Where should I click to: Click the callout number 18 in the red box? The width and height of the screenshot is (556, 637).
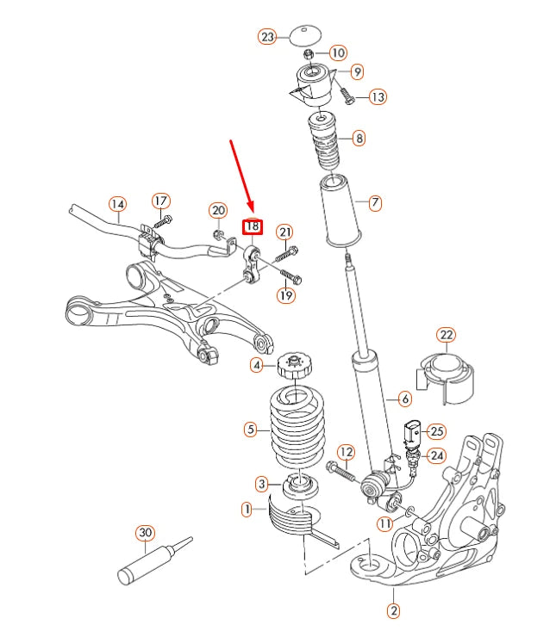pos(251,227)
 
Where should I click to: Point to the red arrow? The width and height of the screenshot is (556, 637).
pos(241,176)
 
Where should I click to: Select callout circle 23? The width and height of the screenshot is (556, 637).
pos(267,36)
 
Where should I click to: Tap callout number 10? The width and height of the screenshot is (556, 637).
pos(337,53)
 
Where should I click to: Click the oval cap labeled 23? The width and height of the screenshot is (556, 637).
pos(303,35)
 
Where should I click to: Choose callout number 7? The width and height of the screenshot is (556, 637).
pos(375,203)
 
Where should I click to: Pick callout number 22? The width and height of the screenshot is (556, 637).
pos(446,334)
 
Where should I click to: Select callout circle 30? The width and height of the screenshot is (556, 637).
pos(145,533)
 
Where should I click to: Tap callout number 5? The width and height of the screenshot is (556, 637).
pos(251,429)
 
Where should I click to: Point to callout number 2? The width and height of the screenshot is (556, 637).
pos(393,611)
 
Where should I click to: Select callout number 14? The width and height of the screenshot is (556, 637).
pos(117,204)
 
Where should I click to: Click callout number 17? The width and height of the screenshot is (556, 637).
pos(161,201)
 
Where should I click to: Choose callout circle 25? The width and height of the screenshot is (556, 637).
pos(436,430)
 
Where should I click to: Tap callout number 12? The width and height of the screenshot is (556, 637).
pos(346,451)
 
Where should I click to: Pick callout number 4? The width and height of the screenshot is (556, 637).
pos(257,365)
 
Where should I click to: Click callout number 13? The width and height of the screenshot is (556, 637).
pos(378,97)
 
